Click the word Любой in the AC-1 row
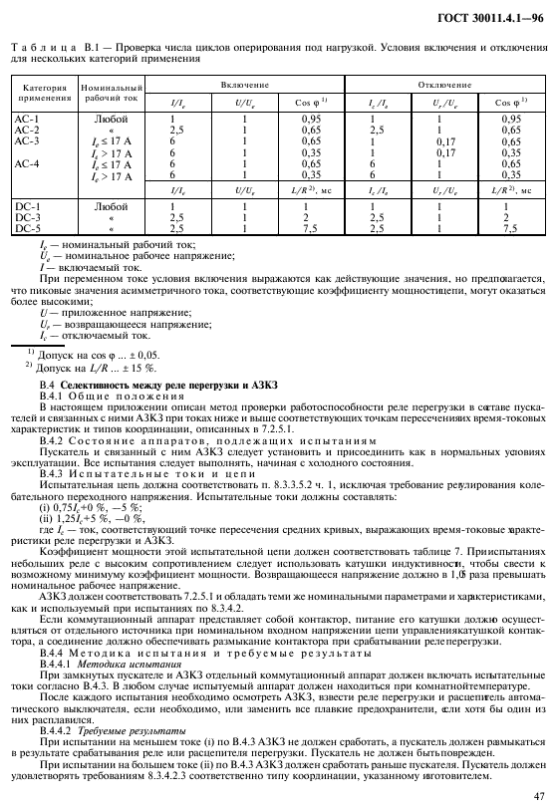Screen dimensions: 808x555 coord(103,120)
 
